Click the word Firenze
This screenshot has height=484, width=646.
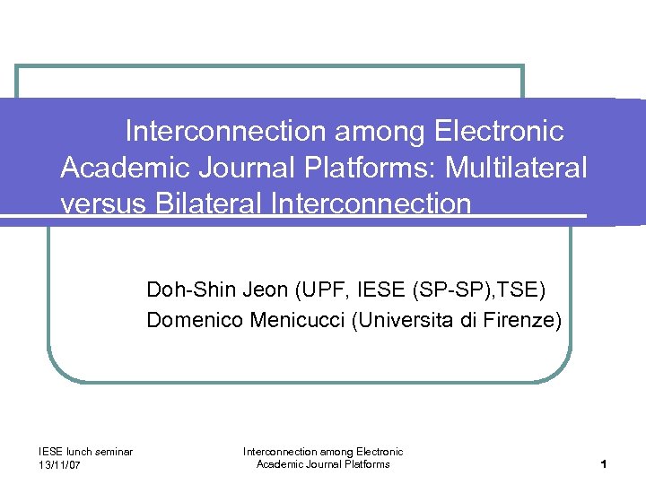[x=519, y=320]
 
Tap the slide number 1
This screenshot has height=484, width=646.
[x=606, y=464]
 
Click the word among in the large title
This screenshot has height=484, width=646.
[x=381, y=132]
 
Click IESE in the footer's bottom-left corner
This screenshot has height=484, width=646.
[x=50, y=452]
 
